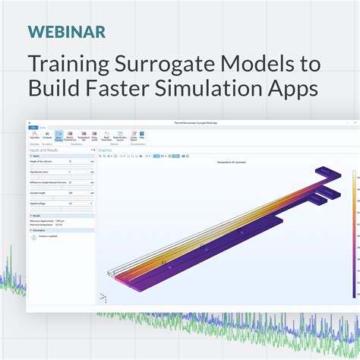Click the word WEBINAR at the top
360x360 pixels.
[67, 32]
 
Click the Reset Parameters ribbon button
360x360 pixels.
[106, 137]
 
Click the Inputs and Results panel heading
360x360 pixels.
[43, 150]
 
